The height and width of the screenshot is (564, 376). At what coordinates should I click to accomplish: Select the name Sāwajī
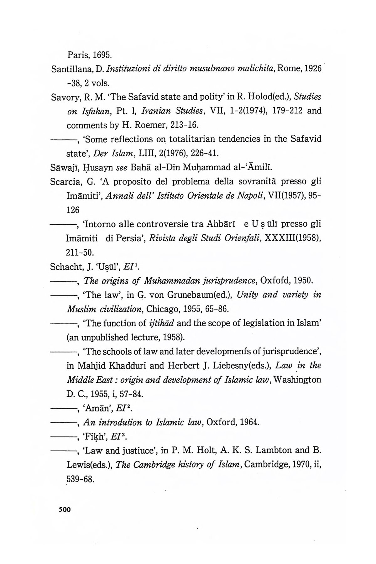tap(62, 168)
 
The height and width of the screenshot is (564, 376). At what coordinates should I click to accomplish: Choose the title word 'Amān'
tap(96, 409)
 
